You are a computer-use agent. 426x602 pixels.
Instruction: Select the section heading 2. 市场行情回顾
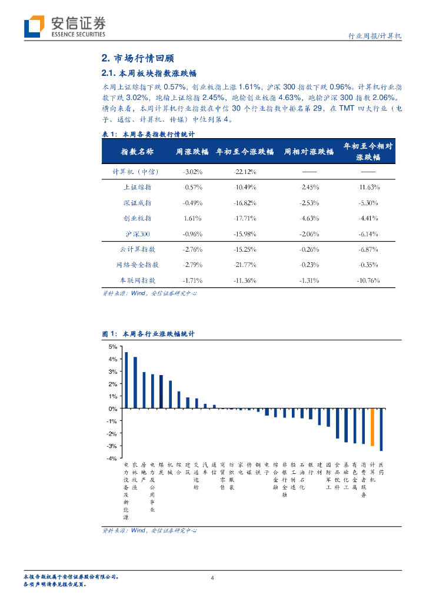(x=138, y=59)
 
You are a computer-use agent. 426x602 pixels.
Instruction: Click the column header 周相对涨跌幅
(x=308, y=152)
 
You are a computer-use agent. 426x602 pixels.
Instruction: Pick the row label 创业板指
(x=137, y=218)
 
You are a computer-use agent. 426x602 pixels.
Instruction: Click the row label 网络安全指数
(x=137, y=265)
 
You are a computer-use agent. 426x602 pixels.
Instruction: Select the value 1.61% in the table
(x=193, y=218)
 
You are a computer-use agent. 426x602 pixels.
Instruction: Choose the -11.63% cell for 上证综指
(x=368, y=187)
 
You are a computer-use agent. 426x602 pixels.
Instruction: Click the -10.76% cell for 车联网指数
(x=368, y=280)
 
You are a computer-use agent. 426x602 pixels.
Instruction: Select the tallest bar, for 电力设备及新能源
(x=126, y=380)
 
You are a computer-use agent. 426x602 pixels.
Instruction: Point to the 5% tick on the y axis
(x=113, y=347)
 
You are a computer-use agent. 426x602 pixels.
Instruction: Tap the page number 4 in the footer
(x=213, y=578)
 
